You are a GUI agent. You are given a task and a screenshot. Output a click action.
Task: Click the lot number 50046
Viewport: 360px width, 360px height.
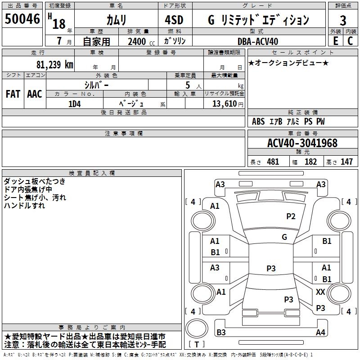[22, 19]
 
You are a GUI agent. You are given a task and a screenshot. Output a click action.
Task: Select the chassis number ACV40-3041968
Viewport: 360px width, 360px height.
[302, 143]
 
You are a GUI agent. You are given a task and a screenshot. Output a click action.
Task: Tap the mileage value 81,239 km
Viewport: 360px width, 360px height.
[55, 64]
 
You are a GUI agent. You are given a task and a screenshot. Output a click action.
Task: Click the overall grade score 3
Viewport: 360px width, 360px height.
[343, 21]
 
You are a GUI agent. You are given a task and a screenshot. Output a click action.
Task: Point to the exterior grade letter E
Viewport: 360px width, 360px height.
[335, 41]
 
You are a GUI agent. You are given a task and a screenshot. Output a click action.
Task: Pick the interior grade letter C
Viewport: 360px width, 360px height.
[350, 41]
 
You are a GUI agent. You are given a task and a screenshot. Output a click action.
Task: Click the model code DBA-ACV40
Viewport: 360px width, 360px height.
[257, 41]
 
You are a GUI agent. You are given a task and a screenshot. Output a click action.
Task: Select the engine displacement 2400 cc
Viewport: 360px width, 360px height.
[141, 41]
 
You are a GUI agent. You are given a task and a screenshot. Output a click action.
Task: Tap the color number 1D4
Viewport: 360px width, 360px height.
[75, 104]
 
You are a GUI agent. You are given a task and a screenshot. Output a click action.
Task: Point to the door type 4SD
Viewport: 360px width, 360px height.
[174, 20]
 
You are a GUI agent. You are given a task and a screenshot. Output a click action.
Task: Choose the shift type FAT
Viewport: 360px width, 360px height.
[13, 94]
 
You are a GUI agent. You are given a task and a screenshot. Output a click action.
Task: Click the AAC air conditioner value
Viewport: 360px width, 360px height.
[35, 94]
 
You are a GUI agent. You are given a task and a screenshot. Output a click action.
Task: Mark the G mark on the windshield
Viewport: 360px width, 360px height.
[284, 237]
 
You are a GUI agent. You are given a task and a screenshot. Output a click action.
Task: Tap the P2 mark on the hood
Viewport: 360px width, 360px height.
[291, 216]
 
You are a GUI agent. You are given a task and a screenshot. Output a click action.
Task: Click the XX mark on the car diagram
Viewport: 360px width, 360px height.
[320, 292]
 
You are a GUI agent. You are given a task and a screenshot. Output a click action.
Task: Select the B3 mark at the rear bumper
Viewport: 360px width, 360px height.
[221, 332]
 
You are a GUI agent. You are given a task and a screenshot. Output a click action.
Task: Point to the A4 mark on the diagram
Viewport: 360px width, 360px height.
[320, 332]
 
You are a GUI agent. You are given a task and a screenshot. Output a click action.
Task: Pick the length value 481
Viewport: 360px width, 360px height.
[273, 162]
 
